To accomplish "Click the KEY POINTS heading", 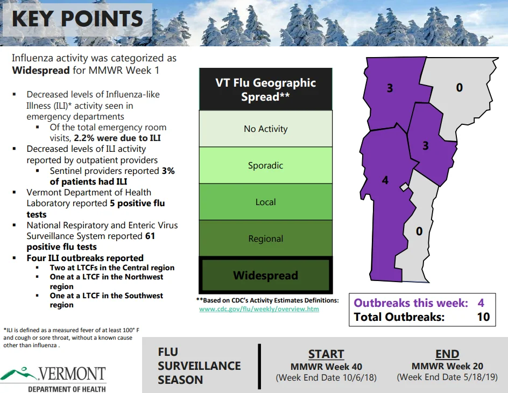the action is [x=77, y=19].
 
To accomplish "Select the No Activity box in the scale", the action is [x=266, y=129].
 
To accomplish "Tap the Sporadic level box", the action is [x=266, y=165].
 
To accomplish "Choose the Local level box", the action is [x=266, y=202].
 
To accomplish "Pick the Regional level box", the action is [x=266, y=238].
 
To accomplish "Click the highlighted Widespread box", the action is [x=266, y=275].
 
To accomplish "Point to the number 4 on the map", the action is [x=385, y=180].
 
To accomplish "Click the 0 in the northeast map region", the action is [x=460, y=87].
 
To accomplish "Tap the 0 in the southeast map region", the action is [x=419, y=231].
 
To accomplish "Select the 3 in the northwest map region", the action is [x=390, y=88].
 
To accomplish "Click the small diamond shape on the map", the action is [x=404, y=187].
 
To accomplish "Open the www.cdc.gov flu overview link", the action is [x=259, y=309].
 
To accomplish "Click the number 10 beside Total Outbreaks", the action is [x=483, y=317].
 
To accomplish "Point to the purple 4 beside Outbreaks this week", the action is [x=481, y=303].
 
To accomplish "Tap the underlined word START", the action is [x=326, y=354].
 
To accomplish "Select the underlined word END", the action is [x=447, y=354].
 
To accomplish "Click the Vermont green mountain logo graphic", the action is [x=19, y=373].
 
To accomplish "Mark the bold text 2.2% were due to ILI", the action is [x=117, y=138].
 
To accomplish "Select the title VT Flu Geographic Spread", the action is [x=266, y=89].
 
